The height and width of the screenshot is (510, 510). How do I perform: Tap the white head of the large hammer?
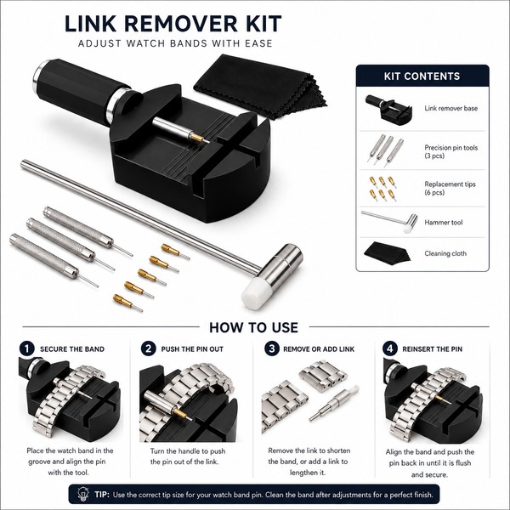[255, 292]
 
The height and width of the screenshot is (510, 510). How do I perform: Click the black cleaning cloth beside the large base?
[260, 85]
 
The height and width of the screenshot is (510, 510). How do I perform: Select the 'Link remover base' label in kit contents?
[450, 108]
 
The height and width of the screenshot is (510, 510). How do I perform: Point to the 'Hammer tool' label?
[444, 223]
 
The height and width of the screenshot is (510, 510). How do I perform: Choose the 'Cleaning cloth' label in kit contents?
[445, 253]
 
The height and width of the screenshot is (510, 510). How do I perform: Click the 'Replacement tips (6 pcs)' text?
[450, 188]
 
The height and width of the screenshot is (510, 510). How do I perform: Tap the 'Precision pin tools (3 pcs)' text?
[450, 151]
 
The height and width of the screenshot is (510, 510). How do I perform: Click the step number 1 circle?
[26, 348]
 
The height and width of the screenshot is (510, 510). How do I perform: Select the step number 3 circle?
[272, 348]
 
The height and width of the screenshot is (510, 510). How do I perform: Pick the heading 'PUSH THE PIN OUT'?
[192, 349]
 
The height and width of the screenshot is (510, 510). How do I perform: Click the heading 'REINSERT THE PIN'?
[433, 349]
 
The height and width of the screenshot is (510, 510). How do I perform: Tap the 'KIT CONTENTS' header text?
[422, 76]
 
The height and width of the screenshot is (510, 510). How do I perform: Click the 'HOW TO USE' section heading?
[253, 327]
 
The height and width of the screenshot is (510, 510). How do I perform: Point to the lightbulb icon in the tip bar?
[83, 494]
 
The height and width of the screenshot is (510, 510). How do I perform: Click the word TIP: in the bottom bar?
[102, 495]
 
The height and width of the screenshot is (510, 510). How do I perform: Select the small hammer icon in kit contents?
[389, 221]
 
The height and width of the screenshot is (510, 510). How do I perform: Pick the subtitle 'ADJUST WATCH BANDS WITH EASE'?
[175, 43]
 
